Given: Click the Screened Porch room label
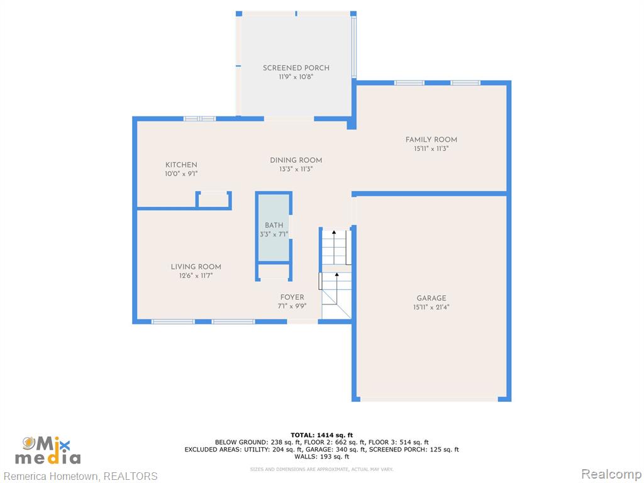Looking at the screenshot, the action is pyautogui.click(x=296, y=68).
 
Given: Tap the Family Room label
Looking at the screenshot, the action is pyautogui.click(x=431, y=140).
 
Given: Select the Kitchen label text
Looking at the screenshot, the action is pyautogui.click(x=181, y=165).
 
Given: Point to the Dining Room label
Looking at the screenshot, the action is pyautogui.click(x=296, y=160).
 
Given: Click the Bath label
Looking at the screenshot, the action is pyautogui.click(x=274, y=225).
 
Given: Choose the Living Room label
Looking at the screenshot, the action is pyautogui.click(x=196, y=267).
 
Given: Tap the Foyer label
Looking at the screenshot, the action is pyautogui.click(x=292, y=297).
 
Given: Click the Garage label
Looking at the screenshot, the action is pyautogui.click(x=431, y=298).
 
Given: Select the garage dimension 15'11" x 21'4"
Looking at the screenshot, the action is pyautogui.click(x=431, y=307).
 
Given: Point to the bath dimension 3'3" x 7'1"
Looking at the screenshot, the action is pyautogui.click(x=274, y=235).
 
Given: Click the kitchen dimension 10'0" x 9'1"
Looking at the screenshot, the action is pyautogui.click(x=181, y=174).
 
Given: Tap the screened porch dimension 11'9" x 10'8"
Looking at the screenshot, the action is pyautogui.click(x=296, y=77).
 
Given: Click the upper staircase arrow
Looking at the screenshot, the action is pyautogui.click(x=334, y=247).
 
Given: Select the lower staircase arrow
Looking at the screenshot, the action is pyautogui.click(x=337, y=288).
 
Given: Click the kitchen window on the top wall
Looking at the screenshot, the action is pyautogui.click(x=199, y=119).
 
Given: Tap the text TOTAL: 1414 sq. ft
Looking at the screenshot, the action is pyautogui.click(x=321, y=435).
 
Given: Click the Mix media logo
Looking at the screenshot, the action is pyautogui.click(x=48, y=450).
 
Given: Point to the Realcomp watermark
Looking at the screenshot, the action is pyautogui.click(x=611, y=474).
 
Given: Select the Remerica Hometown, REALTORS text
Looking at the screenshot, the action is pyautogui.click(x=80, y=476).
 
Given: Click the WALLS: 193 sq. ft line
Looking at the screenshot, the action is pyautogui.click(x=321, y=457).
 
